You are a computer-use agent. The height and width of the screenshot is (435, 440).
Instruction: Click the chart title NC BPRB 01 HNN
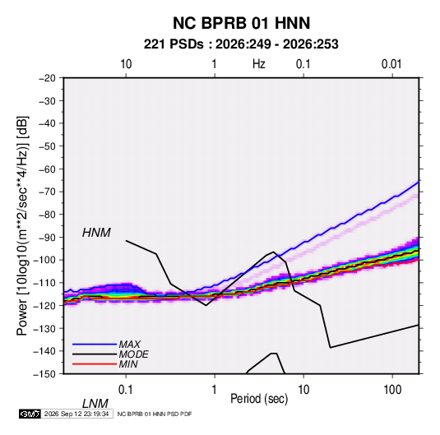(241, 23)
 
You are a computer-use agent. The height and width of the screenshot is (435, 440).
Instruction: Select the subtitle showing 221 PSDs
(241, 44)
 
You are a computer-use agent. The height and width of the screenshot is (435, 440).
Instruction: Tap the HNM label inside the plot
(96, 233)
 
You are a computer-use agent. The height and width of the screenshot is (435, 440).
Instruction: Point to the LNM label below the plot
(95, 404)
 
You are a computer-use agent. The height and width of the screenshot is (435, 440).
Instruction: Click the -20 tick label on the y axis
(47, 78)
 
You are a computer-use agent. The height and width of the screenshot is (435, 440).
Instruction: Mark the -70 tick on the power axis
(47, 192)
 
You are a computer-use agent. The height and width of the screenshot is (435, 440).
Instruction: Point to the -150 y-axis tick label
(44, 374)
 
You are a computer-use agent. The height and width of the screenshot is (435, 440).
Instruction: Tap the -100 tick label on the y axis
(44, 260)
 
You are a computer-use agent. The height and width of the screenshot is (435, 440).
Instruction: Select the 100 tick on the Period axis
(392, 389)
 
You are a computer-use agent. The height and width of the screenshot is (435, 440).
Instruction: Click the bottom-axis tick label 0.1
(126, 389)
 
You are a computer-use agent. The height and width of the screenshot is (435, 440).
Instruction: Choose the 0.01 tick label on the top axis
(391, 64)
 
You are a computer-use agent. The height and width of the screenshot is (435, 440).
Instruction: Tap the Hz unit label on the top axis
(259, 64)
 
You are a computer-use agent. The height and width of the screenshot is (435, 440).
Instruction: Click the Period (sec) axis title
(259, 399)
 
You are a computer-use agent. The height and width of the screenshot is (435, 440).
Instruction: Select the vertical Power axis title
(22, 226)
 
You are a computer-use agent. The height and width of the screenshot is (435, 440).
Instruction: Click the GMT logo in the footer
(30, 414)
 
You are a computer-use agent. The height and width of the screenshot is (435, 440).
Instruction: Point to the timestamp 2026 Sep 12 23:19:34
(76, 414)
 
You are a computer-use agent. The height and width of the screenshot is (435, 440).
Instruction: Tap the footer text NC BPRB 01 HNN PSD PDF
(155, 414)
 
